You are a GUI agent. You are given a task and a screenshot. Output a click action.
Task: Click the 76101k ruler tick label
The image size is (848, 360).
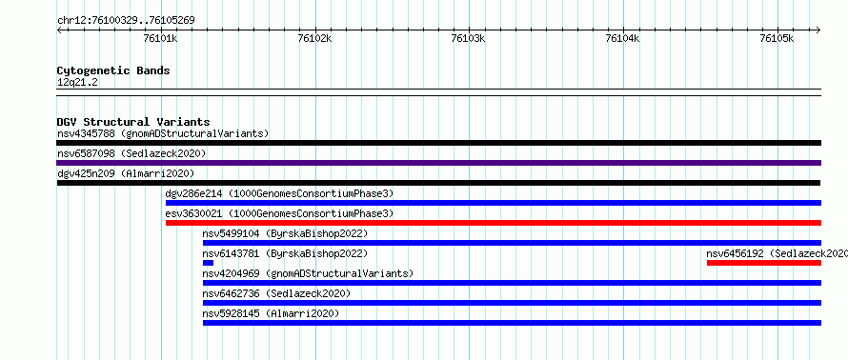pos(161,38)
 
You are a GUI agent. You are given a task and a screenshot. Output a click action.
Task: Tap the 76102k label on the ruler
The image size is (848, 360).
pos(314,38)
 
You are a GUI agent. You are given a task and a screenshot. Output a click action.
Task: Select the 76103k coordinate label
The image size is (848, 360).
pos(469,38)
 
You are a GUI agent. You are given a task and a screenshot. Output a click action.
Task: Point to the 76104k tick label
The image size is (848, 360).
pos(623,38)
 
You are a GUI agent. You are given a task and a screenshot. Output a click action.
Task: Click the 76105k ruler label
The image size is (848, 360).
pos(777,38)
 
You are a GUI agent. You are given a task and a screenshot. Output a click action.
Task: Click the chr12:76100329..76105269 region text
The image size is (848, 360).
pos(126,21)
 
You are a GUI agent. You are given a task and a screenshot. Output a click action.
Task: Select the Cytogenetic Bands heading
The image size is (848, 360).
pos(113,70)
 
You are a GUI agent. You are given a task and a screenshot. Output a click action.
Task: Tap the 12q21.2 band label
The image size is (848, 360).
pos(77,82)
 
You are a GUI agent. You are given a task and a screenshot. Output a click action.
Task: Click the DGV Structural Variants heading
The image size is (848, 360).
pos(133,122)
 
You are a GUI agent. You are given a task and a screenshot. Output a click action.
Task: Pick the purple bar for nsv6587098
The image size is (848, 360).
pos(438,163)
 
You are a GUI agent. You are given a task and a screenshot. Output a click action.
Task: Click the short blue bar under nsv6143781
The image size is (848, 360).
pos(209,263)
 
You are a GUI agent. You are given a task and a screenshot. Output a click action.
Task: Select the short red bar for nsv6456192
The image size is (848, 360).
pos(764,263)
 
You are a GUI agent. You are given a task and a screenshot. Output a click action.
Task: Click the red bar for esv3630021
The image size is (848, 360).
pos(494,223)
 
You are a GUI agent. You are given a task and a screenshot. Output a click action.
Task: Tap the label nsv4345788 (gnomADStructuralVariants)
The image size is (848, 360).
pos(163,133)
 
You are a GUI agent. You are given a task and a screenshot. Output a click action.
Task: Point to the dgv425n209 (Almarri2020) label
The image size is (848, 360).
pos(126,173)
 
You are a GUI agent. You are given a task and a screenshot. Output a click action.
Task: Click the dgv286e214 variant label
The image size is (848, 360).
pos(279,193)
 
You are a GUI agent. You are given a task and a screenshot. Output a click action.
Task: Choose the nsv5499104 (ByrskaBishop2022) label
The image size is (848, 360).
pos(285,233)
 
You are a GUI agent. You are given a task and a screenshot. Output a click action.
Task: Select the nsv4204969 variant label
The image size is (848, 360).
pos(308,273)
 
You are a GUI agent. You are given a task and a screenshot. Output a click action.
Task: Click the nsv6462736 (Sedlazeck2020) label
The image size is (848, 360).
pos(276,293)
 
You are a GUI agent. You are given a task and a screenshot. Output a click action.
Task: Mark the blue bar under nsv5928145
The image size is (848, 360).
pos(513,323)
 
